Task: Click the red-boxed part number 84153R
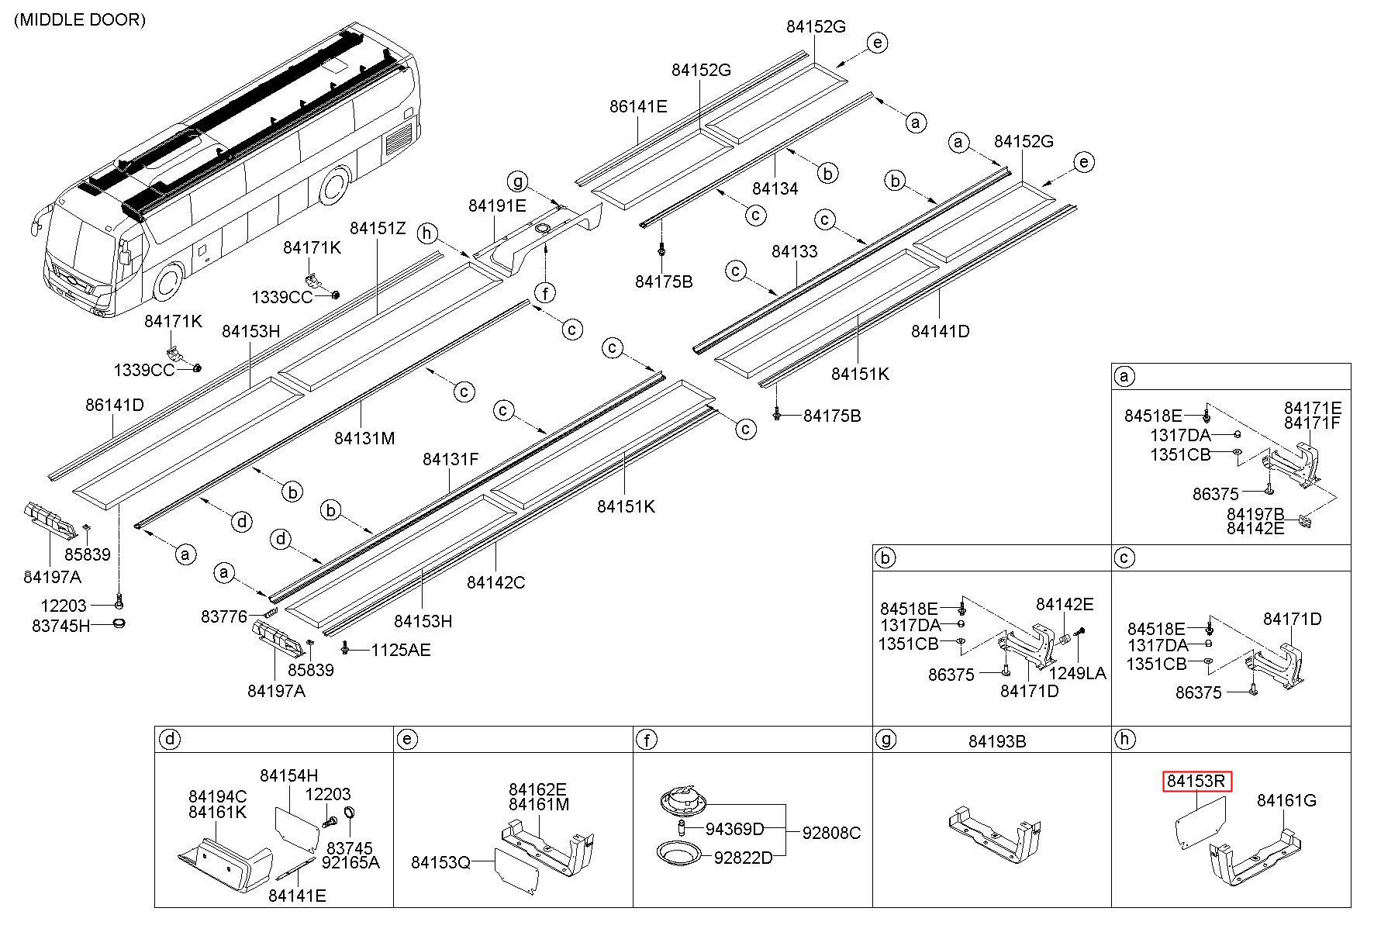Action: point(1196,781)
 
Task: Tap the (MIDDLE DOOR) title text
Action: point(80,20)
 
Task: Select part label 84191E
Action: point(497,205)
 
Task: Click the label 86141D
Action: point(115,405)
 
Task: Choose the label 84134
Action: point(775,188)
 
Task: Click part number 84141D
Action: point(940,331)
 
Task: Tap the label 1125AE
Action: point(400,650)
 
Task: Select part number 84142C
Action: point(495,582)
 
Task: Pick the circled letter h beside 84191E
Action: point(426,233)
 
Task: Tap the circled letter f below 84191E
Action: point(546,293)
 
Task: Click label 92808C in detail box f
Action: point(831,833)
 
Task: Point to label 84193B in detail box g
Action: point(997,741)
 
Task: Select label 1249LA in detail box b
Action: point(1078,673)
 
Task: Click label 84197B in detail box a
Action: point(1255,514)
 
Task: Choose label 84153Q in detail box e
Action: point(440,862)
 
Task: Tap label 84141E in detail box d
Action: point(297,896)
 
